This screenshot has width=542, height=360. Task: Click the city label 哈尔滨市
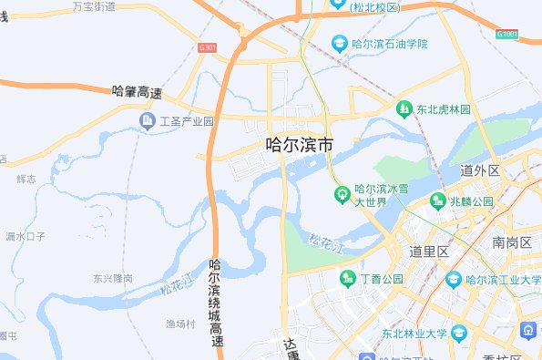tap(298, 144)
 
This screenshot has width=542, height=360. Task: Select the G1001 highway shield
tap(506, 35)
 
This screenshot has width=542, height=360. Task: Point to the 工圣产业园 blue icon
tap(147, 121)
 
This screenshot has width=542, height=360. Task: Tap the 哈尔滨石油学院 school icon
tap(339, 44)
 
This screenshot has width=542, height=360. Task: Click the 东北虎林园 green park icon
tap(403, 109)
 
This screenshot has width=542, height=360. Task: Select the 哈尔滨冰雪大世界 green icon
tap(343, 194)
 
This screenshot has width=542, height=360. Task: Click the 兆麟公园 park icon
tap(439, 201)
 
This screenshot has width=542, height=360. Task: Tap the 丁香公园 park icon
tap(347, 278)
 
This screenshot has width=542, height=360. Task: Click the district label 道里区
tap(430, 252)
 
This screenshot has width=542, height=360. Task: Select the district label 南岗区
tap(511, 242)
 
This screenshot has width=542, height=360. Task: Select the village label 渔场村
tap(180, 324)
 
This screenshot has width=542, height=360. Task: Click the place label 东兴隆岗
tap(113, 278)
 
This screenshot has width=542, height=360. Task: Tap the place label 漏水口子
tap(25, 236)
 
